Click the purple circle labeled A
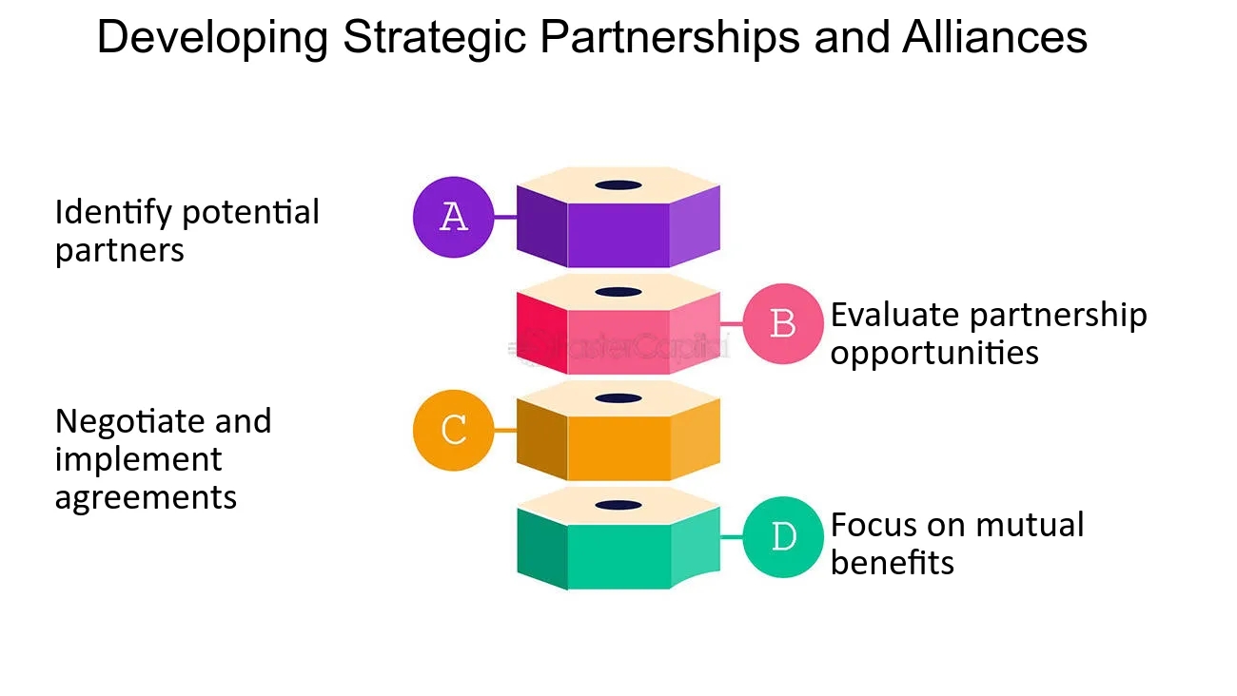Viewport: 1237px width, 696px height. click(x=454, y=217)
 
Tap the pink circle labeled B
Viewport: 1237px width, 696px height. click(x=782, y=323)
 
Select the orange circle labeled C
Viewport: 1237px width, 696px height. click(x=454, y=430)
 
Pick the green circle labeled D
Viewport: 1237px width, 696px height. click(x=782, y=537)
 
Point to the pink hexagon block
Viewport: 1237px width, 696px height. click(x=618, y=333)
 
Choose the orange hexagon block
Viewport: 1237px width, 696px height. click(x=618, y=439)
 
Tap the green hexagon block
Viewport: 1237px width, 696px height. click(x=618, y=547)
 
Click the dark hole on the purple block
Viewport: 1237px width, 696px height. click(x=618, y=184)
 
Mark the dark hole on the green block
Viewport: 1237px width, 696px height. click(x=618, y=504)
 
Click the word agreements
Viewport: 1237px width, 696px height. click(x=146, y=497)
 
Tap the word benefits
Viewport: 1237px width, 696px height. click(x=892, y=562)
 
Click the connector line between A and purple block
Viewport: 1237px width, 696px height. click(x=505, y=217)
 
